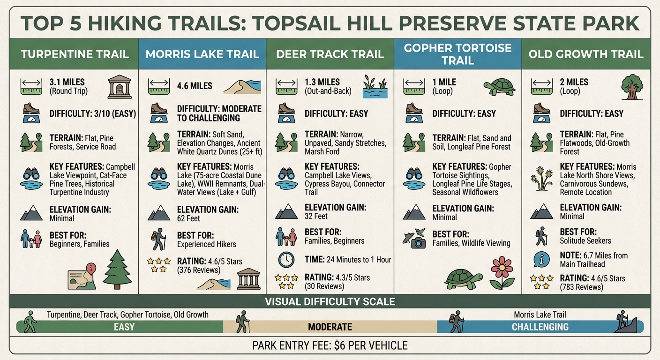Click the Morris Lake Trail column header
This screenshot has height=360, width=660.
[x=202, y=54]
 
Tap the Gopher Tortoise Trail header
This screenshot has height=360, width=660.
[x=457, y=54]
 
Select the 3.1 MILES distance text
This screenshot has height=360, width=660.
[x=67, y=82]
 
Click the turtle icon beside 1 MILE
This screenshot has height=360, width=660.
[x=499, y=87]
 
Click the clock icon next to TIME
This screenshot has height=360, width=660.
[x=286, y=260]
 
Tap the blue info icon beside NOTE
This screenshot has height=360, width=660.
[x=541, y=259]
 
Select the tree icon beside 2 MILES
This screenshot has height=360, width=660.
[x=632, y=86]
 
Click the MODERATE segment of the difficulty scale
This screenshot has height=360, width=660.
[x=330, y=327]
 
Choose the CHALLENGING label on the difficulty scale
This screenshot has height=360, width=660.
[x=540, y=327]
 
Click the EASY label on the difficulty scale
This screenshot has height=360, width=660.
[x=124, y=327]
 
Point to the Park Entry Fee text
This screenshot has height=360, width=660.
[x=330, y=346]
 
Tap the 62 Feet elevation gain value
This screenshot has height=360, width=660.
[x=188, y=218]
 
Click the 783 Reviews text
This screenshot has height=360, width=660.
[x=581, y=287]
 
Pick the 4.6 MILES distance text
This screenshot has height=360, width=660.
[x=195, y=86]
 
